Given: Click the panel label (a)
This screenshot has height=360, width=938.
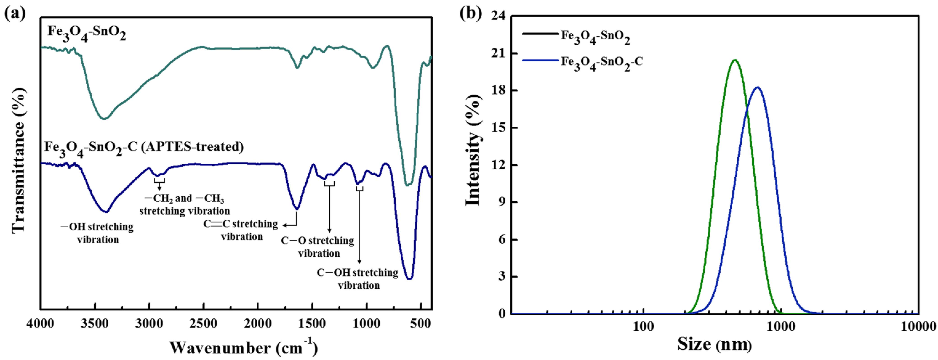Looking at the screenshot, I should (x=15, y=14).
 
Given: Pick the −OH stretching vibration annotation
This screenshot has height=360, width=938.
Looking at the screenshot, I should (x=98, y=233).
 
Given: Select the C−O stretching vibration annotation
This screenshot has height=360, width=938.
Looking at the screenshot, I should (x=318, y=247).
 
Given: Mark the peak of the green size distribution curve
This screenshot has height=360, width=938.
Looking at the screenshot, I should (x=735, y=60).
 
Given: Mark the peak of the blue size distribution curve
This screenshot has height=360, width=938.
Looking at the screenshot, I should (x=758, y=87).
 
